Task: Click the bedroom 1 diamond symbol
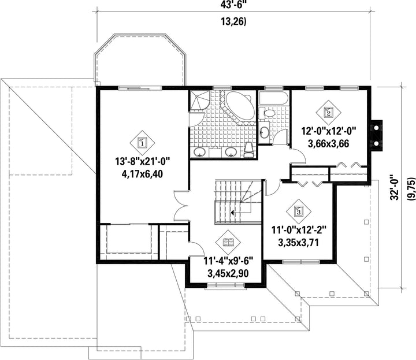pos(142,143)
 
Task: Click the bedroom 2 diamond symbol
pos(328,113)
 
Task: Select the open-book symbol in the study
pos(228,242)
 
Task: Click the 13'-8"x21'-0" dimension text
pos(142,161)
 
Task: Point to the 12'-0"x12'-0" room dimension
pos(328,131)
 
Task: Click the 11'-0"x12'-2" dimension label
pos(299,230)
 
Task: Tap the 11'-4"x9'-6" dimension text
pos(228,261)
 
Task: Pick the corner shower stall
pos(199,101)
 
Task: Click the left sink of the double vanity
pos(199,152)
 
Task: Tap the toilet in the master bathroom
pos(249,150)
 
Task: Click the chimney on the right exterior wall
pos(377,136)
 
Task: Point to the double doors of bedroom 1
pos(181,206)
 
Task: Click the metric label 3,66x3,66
pos(328,143)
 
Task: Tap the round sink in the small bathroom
pos(264,131)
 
